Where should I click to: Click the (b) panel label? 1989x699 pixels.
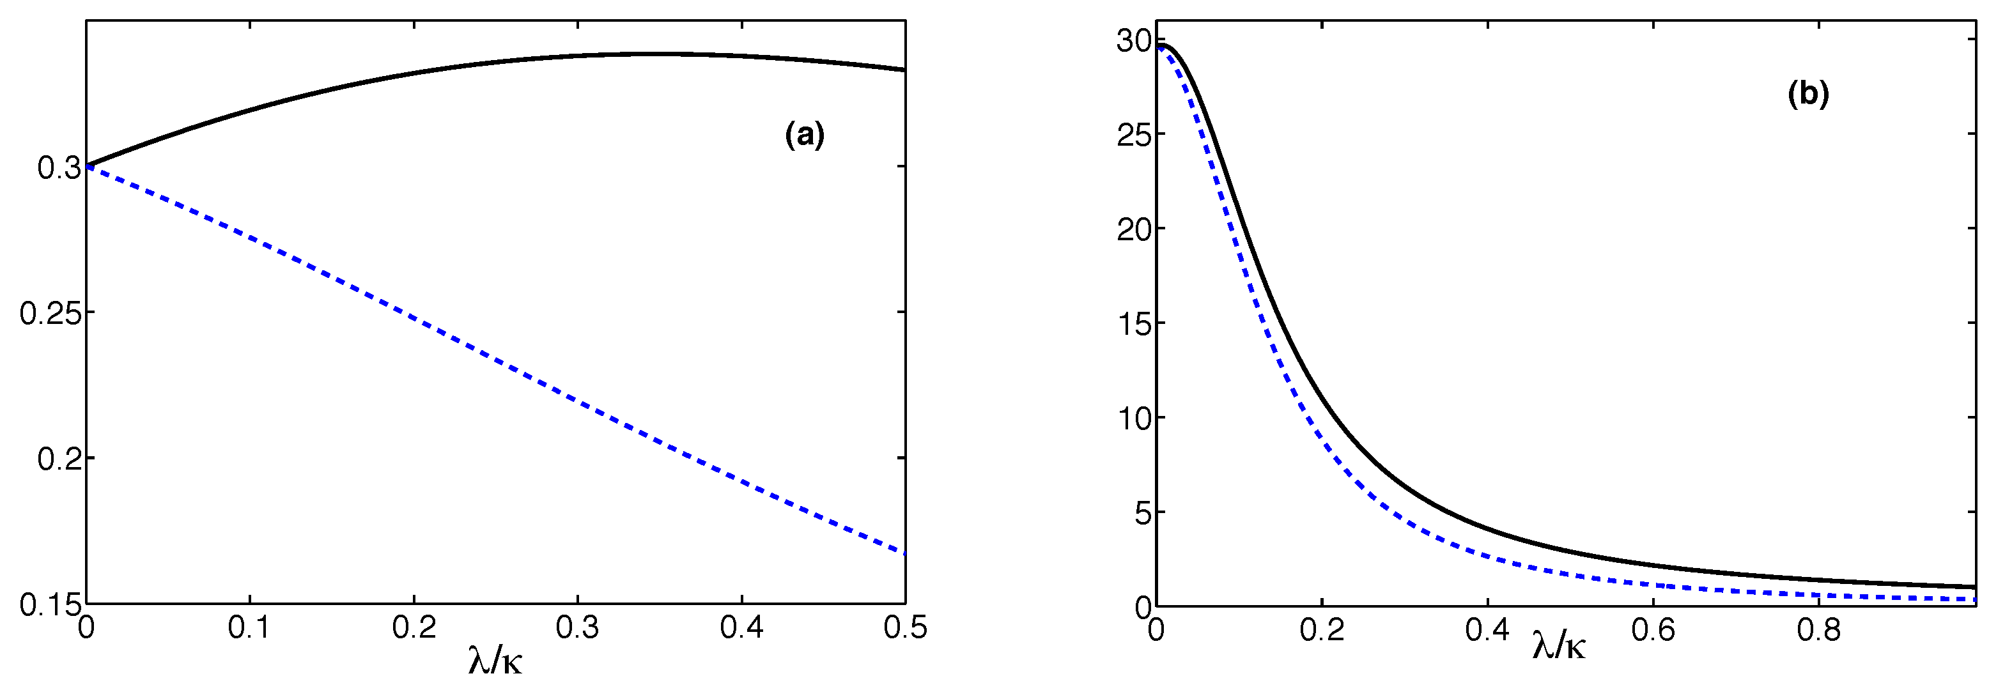(x=1808, y=94)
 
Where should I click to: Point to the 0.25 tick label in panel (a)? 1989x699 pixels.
(x=49, y=313)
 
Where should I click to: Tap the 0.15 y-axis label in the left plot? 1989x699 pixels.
(x=49, y=606)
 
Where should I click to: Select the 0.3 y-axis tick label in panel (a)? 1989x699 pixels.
(x=59, y=167)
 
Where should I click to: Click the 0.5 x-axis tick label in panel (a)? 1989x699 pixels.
(x=905, y=628)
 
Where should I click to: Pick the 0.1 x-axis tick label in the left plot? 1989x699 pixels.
(x=249, y=628)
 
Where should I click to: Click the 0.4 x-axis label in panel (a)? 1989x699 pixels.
(x=741, y=628)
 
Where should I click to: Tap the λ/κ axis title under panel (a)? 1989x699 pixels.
(x=495, y=661)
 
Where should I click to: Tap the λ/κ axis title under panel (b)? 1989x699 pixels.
(x=1559, y=647)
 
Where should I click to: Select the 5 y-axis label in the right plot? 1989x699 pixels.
(x=1143, y=512)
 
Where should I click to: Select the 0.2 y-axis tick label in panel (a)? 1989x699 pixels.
(x=59, y=459)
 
